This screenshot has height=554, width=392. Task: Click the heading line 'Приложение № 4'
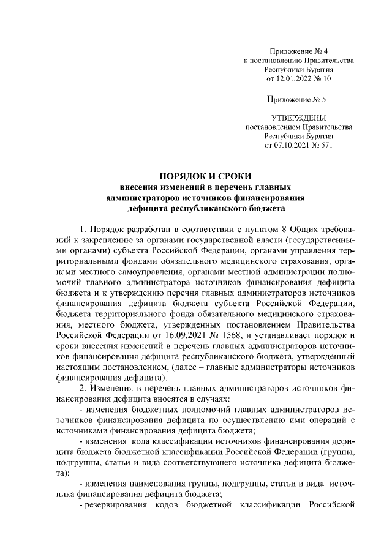click(x=299, y=51)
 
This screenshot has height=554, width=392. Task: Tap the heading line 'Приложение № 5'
click(x=299, y=99)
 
